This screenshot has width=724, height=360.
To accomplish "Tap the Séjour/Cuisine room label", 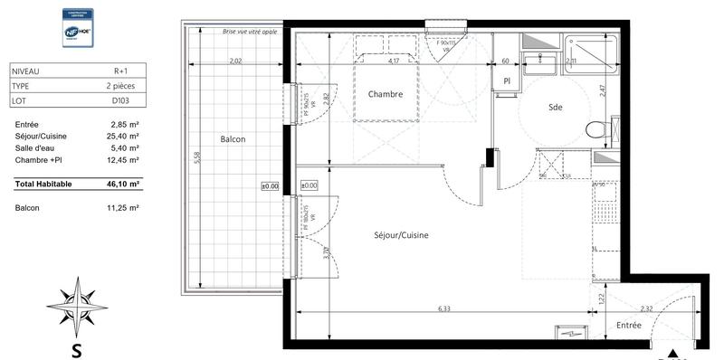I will click(401, 235).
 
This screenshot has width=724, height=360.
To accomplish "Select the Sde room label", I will click(556, 107).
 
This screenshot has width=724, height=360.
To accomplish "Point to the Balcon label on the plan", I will click(233, 139).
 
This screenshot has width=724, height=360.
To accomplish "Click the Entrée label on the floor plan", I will click(629, 325).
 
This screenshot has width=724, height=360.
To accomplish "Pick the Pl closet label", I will click(507, 81).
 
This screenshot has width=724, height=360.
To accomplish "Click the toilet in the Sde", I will click(597, 128).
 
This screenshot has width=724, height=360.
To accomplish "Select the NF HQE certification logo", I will click(78, 28).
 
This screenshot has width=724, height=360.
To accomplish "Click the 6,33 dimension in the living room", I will click(445, 308).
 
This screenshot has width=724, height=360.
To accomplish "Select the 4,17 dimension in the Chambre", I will click(394, 62).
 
